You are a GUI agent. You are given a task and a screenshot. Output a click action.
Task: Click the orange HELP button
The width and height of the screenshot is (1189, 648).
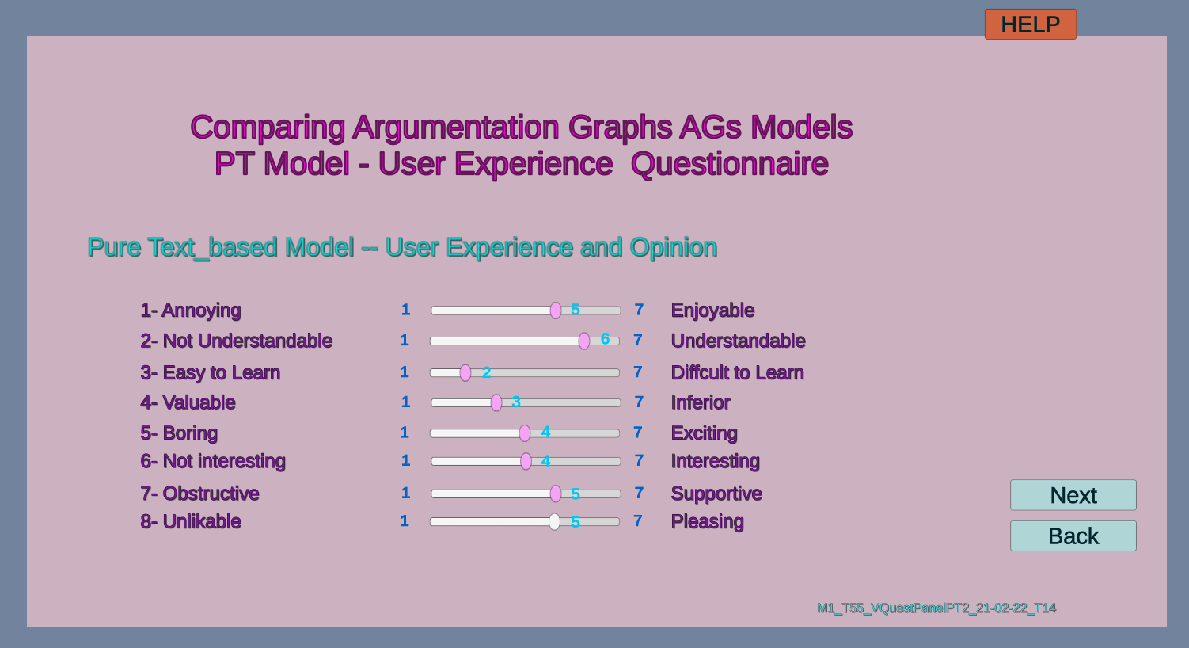pos(1031,25)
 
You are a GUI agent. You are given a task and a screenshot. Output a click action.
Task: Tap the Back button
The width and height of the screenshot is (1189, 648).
pos(1073,536)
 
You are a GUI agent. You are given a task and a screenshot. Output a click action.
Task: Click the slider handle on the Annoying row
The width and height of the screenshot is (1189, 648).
pos(555,311)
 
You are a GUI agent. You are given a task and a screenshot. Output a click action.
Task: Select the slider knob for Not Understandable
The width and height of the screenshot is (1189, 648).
pos(584,341)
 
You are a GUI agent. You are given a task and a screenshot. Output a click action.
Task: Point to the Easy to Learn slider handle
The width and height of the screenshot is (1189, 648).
pos(465,373)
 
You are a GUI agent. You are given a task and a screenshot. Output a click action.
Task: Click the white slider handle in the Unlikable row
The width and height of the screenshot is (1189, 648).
pos(554,521)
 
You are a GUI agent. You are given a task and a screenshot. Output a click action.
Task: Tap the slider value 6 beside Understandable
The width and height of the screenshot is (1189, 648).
pos(605,339)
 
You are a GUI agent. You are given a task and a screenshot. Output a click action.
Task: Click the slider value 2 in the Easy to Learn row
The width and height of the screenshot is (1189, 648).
pos(486,372)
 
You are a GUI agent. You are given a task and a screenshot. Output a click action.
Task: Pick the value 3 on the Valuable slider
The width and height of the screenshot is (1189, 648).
pos(516,402)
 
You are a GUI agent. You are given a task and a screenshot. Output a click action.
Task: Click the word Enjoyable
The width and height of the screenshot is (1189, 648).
pos(712,311)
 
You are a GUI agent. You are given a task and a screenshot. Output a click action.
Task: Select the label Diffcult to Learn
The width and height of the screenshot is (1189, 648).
pos(737,373)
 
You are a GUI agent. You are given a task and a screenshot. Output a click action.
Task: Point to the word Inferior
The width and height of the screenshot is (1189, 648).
pos(700,402)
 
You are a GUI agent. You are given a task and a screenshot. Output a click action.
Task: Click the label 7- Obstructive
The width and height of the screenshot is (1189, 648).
pos(199,494)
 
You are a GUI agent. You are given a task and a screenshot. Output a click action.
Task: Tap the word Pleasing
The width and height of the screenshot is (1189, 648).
pos(707,521)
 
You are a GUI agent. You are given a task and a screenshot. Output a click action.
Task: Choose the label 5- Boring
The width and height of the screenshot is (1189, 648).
pos(179,433)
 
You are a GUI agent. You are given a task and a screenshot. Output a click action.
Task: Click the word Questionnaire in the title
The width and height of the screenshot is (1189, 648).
pos(729,164)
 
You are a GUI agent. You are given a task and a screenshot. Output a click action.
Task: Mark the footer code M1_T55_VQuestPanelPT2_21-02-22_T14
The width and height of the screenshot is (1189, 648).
pos(936,608)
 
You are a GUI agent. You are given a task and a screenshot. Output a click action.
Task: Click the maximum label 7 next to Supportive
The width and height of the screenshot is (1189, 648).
pos(639,493)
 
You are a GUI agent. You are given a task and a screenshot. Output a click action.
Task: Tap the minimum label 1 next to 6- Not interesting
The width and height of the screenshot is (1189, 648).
pos(405,460)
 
